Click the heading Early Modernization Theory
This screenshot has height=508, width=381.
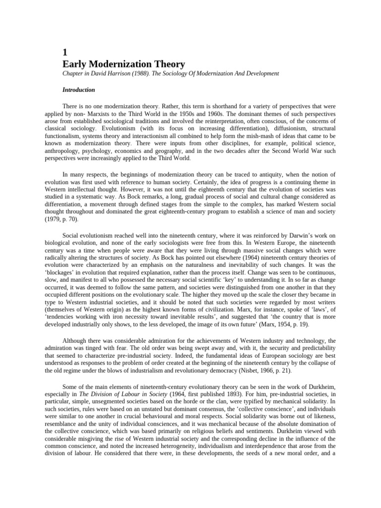pos(124,64)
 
